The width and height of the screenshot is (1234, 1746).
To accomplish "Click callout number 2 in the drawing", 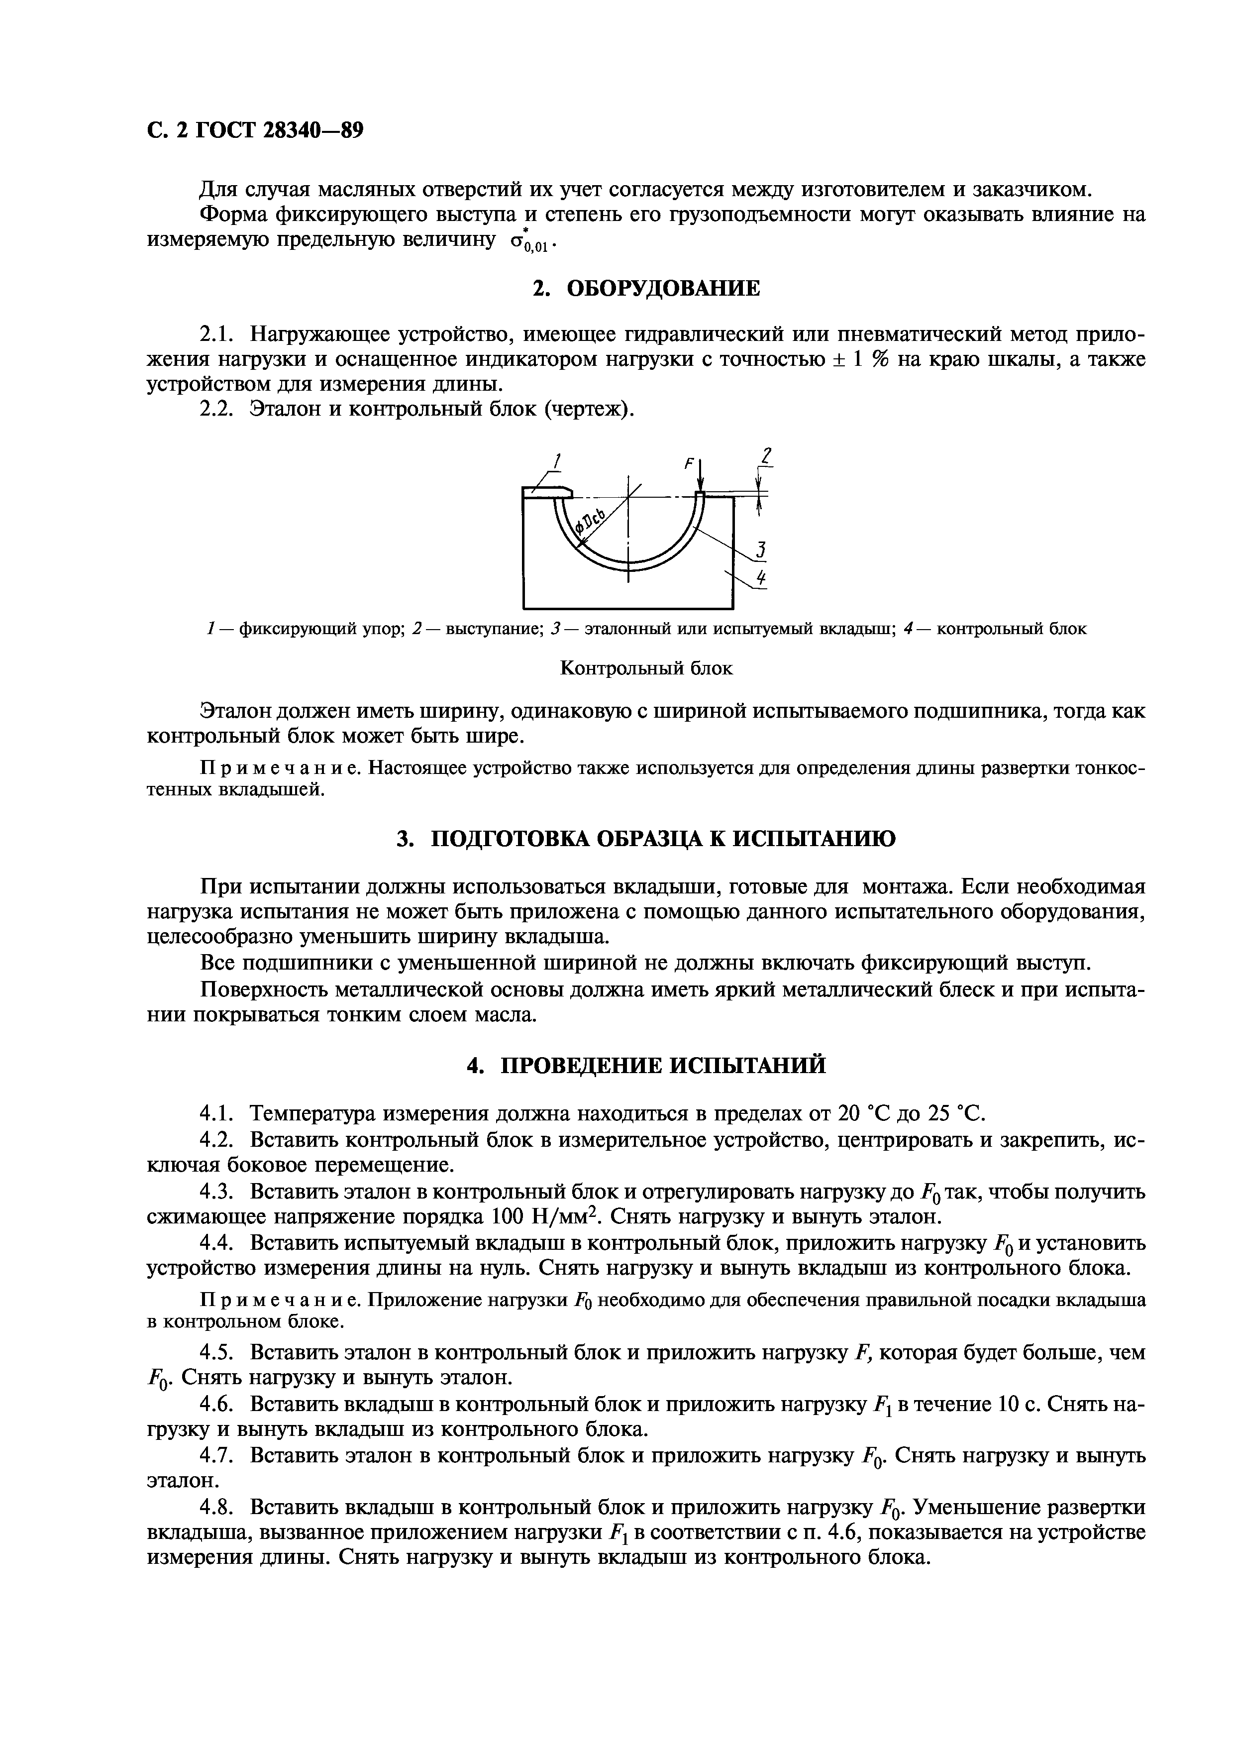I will pos(766,456).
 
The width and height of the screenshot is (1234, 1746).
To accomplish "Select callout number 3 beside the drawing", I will pos(760,550).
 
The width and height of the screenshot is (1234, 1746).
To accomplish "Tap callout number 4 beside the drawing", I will pos(761,579).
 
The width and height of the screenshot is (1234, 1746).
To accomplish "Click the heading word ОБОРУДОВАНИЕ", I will pos(665,288).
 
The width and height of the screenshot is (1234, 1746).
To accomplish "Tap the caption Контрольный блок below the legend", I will pos(646,668).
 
